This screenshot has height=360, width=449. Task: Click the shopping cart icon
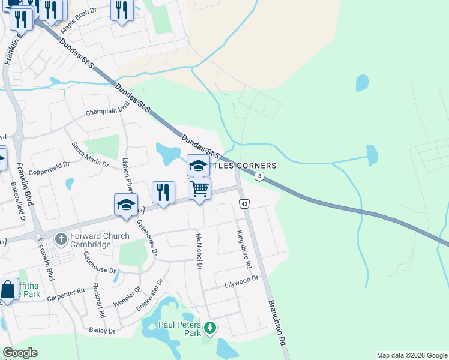coord(199,189)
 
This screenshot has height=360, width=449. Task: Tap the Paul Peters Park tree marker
coord(209,328)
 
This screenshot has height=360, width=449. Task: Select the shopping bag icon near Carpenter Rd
coord(8,289)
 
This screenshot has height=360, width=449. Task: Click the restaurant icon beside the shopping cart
coord(163,192)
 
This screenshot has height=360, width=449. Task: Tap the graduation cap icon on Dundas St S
coord(199,166)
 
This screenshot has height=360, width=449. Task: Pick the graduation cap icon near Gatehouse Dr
coord(126,205)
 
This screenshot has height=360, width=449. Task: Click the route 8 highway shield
coord(259,176)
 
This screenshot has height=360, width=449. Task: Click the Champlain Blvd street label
coord(107,110)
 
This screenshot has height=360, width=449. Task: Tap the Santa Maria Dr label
coord(90,155)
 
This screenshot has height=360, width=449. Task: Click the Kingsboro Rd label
coord(243,248)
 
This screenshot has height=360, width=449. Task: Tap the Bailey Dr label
coord(101,330)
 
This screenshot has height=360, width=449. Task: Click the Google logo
coord(20,353)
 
